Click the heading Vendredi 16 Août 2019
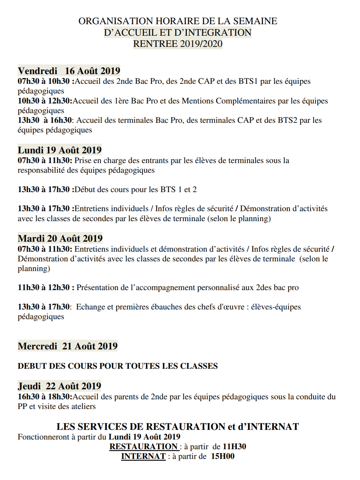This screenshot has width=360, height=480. [69, 71]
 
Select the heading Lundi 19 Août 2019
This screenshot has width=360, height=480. [60, 150]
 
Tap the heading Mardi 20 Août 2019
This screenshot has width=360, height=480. [60, 238]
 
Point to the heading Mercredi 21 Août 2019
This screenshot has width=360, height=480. [67, 346]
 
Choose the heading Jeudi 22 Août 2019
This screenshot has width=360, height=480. [59, 386]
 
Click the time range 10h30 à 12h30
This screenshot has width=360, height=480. [44, 101]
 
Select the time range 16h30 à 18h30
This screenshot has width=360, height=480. [44, 397]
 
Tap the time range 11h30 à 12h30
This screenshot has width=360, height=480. [44, 287]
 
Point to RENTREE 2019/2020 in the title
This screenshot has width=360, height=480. [178, 44]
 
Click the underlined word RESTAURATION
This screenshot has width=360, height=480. [144, 446]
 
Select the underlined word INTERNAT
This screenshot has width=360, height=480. [143, 456]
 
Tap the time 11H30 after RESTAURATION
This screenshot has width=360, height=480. [234, 446]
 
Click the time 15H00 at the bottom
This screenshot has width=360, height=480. [222, 456]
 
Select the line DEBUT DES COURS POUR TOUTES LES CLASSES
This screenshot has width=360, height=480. [118, 366]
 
